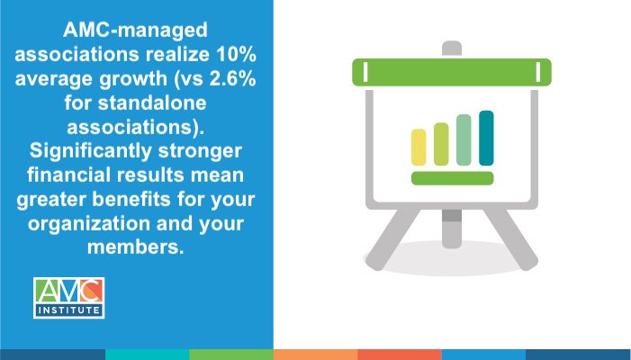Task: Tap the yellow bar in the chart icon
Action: pyautogui.click(x=419, y=147)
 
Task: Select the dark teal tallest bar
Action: pyautogui.click(x=486, y=138)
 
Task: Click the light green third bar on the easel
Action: pyautogui.click(x=464, y=140)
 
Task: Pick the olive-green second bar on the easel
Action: pyautogui.click(x=441, y=144)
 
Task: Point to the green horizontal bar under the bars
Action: pyautogui.click(x=452, y=177)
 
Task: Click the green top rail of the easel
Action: pyautogui.click(x=451, y=71)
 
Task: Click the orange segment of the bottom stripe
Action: pyautogui.click(x=315, y=355)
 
